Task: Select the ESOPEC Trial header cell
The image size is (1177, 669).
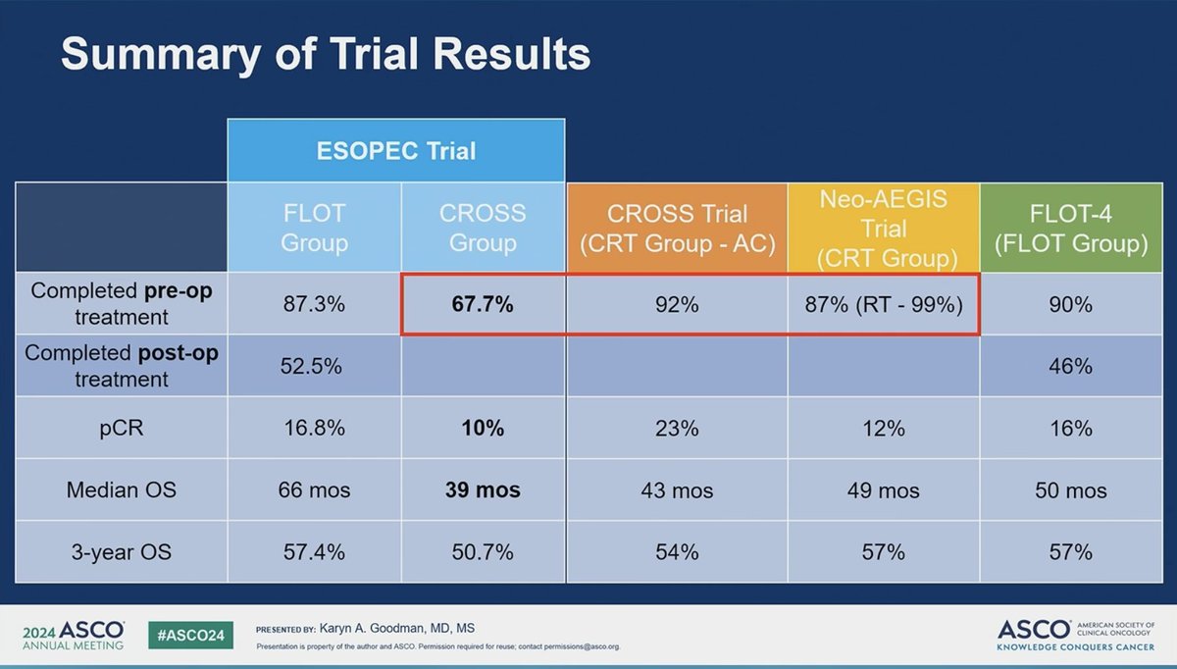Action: [x=396, y=151]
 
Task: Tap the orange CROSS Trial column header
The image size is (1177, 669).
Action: [x=677, y=228]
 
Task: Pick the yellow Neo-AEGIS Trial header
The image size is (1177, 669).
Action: [x=883, y=228]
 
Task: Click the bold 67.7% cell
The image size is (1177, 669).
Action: [x=483, y=305]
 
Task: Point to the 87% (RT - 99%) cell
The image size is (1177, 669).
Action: [x=883, y=305]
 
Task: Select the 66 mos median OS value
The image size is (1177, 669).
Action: [x=315, y=489]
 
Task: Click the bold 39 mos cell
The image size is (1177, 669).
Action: [x=483, y=489]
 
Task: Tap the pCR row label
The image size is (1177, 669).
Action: [x=122, y=428]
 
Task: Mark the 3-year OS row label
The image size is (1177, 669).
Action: [x=122, y=552]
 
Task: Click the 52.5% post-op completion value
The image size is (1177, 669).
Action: [x=315, y=366]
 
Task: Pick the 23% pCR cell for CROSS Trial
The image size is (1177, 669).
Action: [x=677, y=428]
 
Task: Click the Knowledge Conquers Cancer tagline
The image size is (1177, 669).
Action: [x=1075, y=648]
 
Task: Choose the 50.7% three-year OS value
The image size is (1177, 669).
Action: [x=483, y=552]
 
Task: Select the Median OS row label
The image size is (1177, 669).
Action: [x=122, y=489]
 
